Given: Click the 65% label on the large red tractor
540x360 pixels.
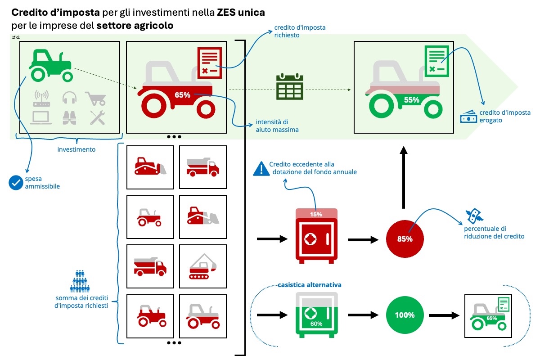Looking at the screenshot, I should [183, 95].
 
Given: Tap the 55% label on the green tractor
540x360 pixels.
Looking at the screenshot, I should [412, 100].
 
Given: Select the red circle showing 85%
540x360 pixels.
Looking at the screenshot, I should [405, 239].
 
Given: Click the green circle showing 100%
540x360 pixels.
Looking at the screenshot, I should [405, 315].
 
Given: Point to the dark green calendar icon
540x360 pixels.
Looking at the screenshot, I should [290, 87].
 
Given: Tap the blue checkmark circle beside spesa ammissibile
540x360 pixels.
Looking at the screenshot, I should [16, 182].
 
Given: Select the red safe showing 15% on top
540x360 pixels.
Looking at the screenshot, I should [316, 236].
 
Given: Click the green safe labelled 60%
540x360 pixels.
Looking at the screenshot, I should [316, 315].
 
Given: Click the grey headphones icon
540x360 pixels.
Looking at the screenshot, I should [69, 97].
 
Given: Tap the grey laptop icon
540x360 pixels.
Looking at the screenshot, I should [41, 117].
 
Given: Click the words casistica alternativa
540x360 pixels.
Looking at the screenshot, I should [310, 285].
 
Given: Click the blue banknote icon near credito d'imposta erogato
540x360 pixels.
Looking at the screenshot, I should [468, 118].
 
